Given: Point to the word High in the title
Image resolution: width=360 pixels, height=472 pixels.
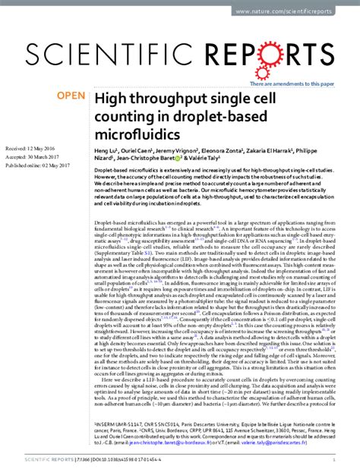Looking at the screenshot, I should pos(109,99).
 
